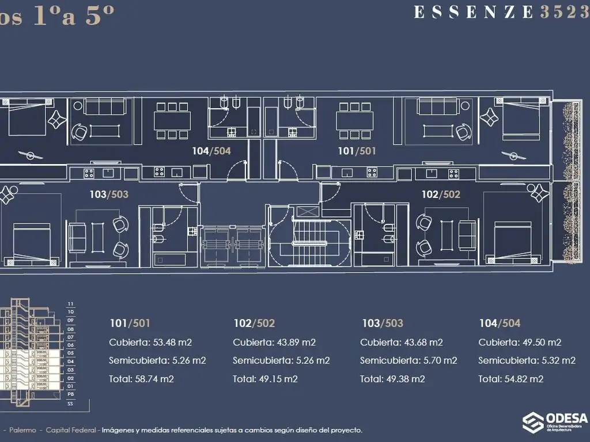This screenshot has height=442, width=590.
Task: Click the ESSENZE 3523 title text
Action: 501,13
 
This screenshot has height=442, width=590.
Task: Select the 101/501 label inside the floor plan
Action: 356,151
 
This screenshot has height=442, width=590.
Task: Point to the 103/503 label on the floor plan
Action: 109,195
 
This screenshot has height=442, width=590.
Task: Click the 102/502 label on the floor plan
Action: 441,195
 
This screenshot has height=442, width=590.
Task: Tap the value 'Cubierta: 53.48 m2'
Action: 150,342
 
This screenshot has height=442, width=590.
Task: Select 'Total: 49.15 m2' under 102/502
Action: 265,379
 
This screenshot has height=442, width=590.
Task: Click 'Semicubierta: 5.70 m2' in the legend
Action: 409,361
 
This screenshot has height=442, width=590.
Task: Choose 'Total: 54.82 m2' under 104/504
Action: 511,379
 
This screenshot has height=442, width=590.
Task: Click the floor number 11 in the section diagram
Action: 71,304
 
